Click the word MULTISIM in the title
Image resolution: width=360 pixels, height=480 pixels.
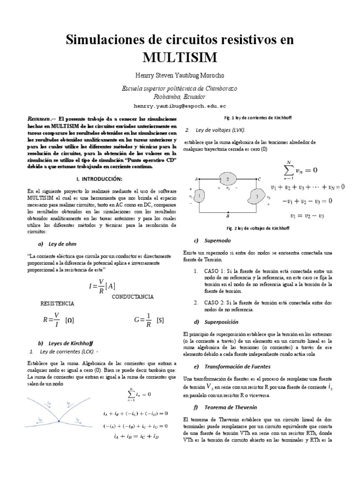(180, 58)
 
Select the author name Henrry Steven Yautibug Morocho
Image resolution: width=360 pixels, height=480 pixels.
(180, 75)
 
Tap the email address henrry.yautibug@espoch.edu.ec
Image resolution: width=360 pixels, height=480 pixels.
(180, 106)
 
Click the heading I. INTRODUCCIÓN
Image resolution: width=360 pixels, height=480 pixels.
(99, 180)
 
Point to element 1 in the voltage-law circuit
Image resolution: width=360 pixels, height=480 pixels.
(199, 195)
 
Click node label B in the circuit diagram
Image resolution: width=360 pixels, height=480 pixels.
(227, 217)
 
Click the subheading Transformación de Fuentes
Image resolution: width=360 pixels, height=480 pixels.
(228, 366)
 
